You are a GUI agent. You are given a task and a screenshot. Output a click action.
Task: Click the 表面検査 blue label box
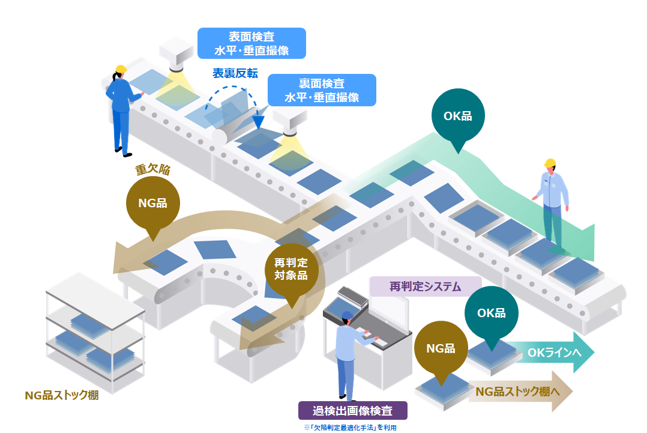point(251,43)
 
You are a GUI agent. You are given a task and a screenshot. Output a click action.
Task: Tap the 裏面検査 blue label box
point(322,90)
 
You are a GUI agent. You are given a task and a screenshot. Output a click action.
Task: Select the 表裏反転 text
point(235,73)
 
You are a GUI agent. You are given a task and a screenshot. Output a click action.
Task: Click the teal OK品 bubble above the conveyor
point(458,117)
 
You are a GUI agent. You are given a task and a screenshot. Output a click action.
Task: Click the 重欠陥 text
point(152,170)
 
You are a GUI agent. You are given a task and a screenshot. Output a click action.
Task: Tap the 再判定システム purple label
point(425,286)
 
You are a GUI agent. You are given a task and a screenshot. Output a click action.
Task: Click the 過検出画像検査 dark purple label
point(353,411)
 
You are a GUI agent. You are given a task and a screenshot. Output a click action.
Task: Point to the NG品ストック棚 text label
point(61,395)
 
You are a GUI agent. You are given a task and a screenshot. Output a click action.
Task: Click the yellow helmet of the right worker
point(550,163)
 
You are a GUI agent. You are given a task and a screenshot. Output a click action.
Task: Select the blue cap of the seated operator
point(348,315)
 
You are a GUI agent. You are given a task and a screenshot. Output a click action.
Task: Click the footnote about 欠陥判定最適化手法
point(351,428)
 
